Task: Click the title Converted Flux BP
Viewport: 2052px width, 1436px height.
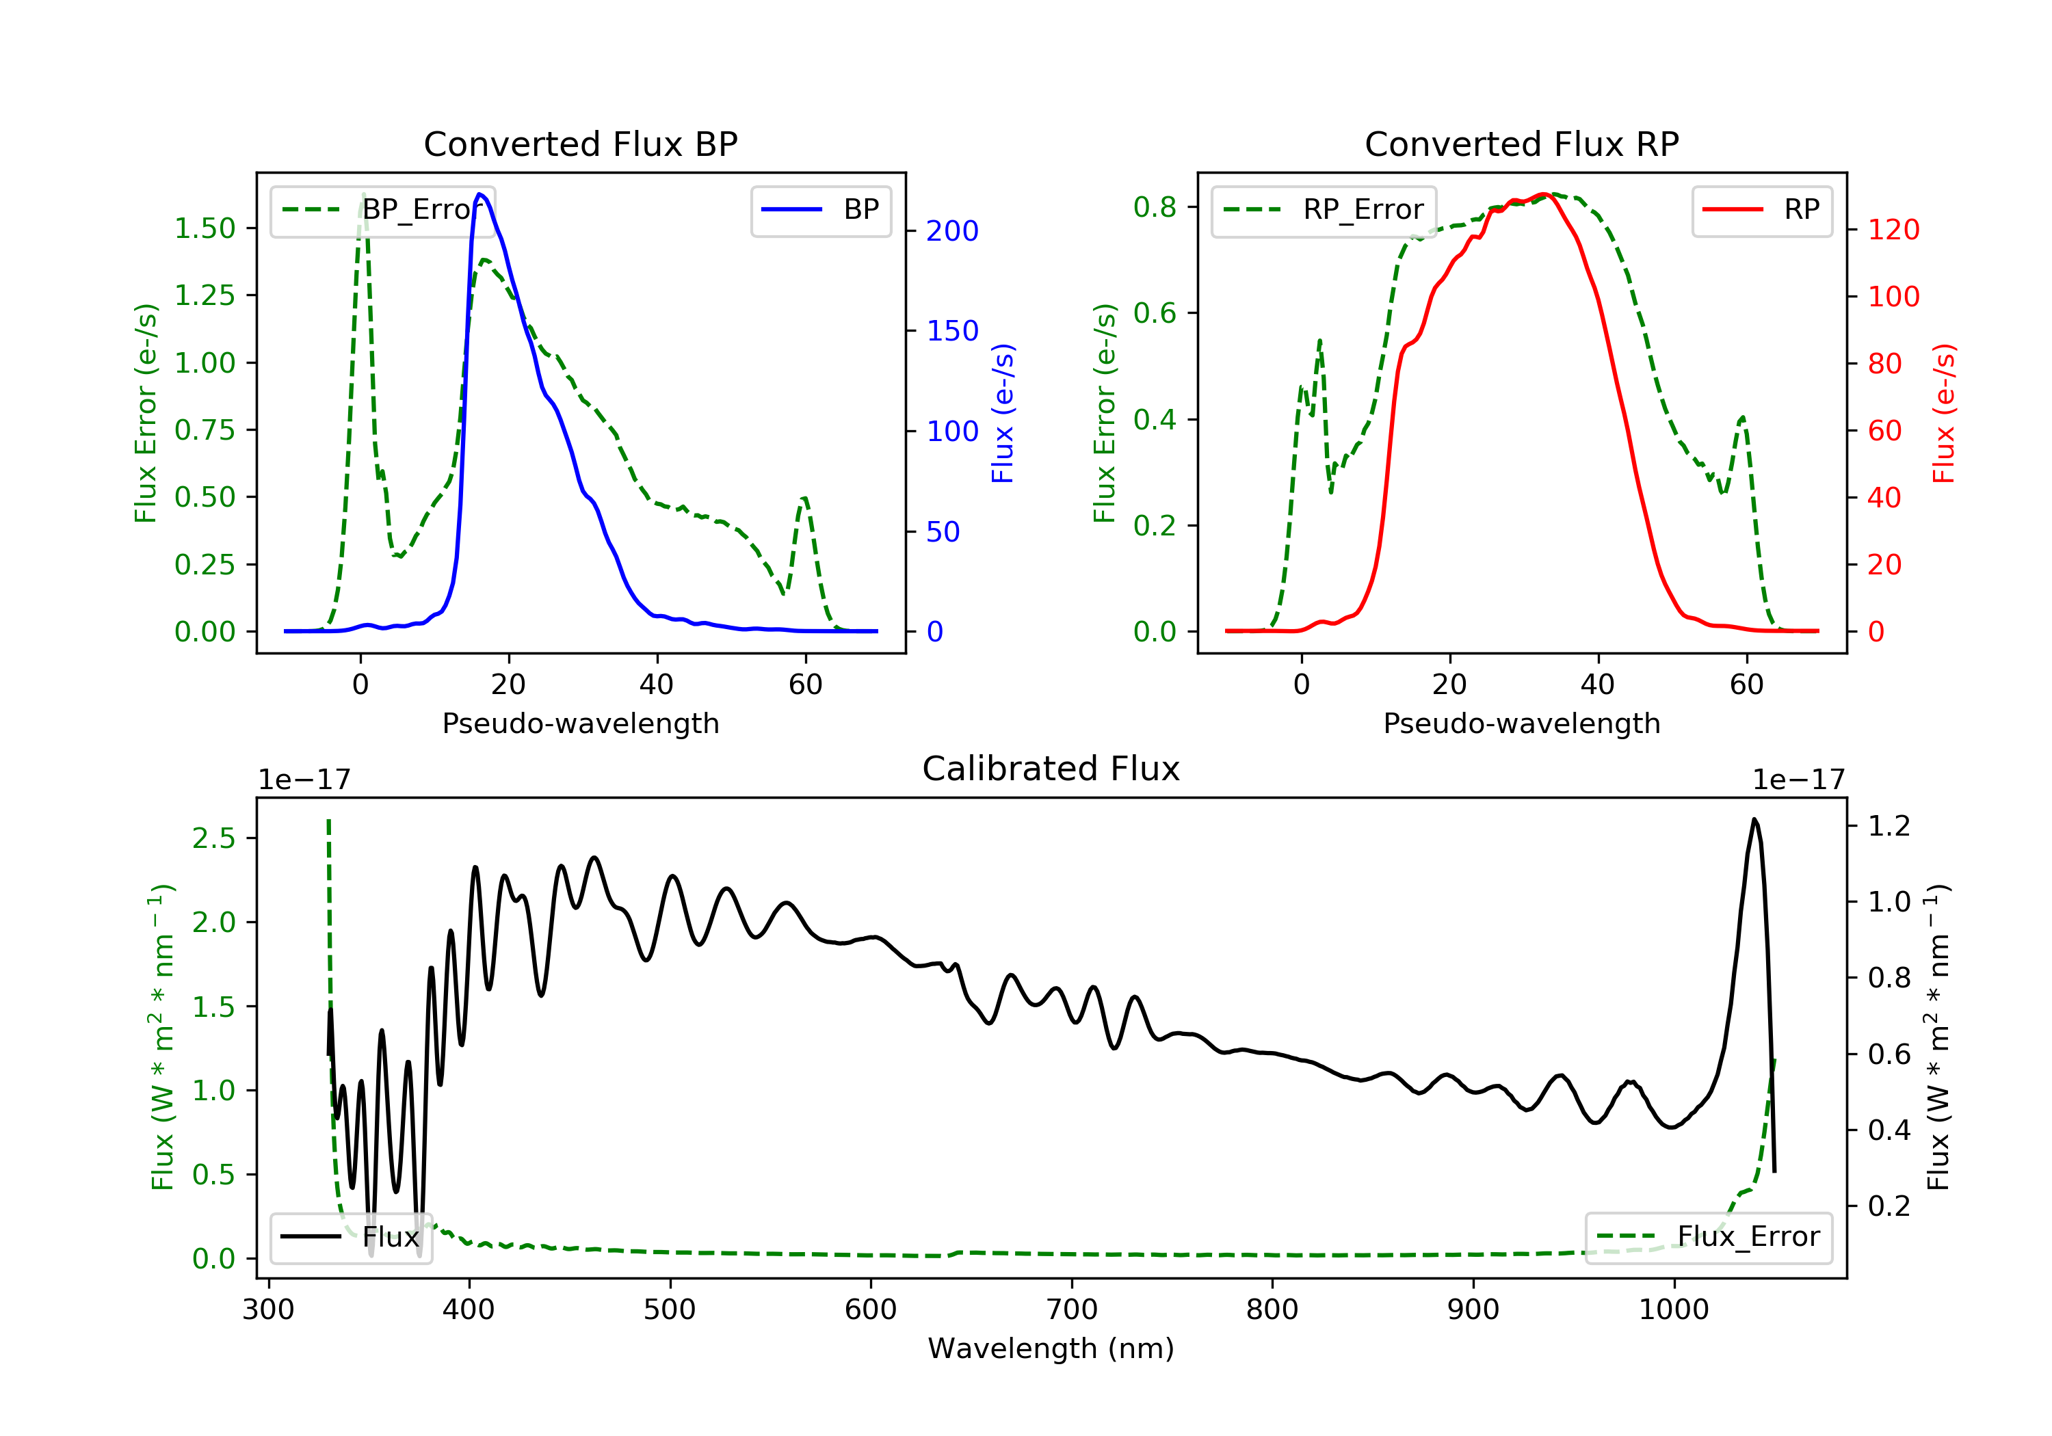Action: [x=580, y=144]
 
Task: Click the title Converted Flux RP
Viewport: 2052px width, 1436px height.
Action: [x=1521, y=144]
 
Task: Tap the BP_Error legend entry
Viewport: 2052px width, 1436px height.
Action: [x=382, y=210]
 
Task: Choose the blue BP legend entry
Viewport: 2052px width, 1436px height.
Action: [x=820, y=210]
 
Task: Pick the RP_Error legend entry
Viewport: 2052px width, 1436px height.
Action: [x=1323, y=210]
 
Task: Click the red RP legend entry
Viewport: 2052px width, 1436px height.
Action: [x=1761, y=210]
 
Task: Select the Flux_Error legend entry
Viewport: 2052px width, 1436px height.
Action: [x=1708, y=1237]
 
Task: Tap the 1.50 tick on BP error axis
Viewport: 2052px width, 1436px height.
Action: [x=205, y=229]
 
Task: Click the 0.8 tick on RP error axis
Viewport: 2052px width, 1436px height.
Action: [x=1155, y=207]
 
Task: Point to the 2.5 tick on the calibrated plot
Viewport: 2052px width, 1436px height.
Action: [x=213, y=838]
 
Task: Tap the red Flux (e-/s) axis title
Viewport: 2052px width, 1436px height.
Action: [x=1942, y=413]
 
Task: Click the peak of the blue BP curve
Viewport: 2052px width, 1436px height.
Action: [x=480, y=194]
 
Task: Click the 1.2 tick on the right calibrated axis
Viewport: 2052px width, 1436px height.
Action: [x=1889, y=825]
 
